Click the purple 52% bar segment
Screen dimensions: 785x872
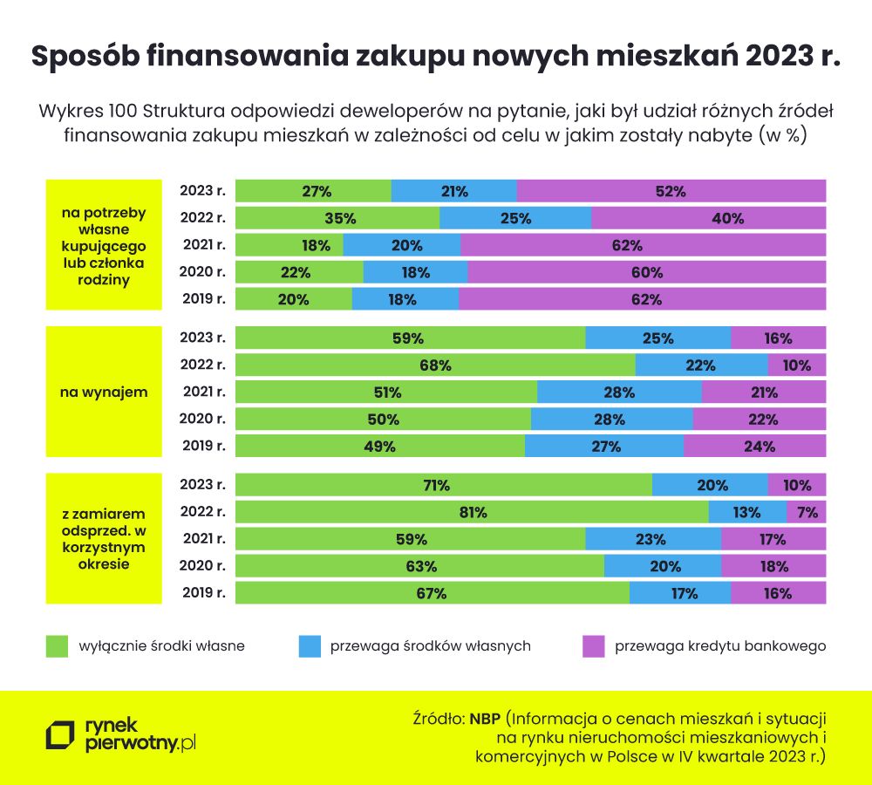(x=671, y=191)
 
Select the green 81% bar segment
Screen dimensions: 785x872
(x=472, y=513)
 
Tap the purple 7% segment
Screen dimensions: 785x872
(x=807, y=513)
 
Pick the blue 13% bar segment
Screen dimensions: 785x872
(x=747, y=513)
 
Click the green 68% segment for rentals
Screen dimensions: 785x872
(x=435, y=365)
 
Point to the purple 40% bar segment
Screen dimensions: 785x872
(x=708, y=218)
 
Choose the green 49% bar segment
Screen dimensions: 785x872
(x=380, y=446)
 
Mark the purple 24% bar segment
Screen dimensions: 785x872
(x=755, y=446)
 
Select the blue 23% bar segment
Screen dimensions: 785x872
(x=653, y=540)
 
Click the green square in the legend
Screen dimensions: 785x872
(x=58, y=646)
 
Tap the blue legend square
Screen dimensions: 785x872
(x=310, y=646)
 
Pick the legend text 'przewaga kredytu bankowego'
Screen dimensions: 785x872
(x=720, y=646)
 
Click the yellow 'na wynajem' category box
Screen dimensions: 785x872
(x=104, y=392)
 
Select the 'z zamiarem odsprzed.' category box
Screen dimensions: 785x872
(x=104, y=539)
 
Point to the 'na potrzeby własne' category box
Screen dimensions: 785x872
(x=104, y=244)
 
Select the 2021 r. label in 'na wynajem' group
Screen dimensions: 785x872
(x=202, y=392)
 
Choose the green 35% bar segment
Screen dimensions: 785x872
(x=337, y=218)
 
